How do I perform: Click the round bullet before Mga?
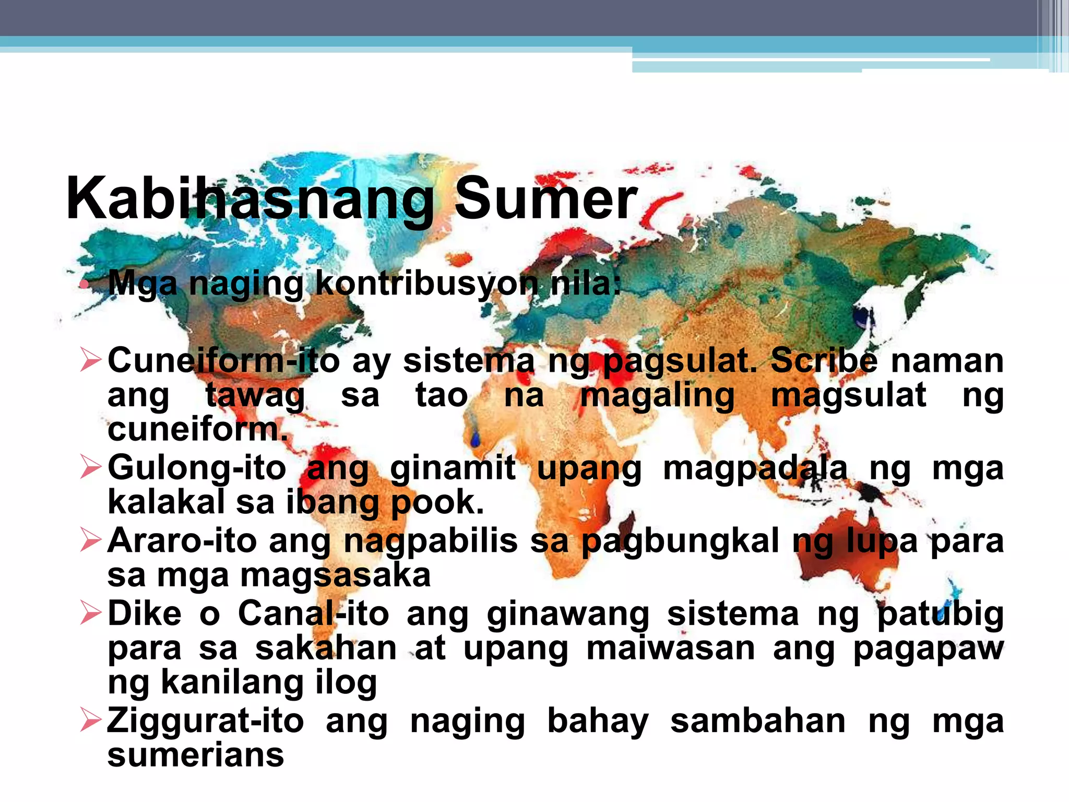pos(84,285)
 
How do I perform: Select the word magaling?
pos(657,396)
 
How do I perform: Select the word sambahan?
pos(757,721)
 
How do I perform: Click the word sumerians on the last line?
pos(196,755)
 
